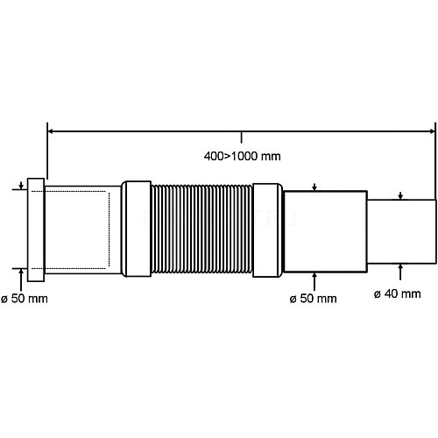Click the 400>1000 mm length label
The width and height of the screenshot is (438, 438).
pos(242,156)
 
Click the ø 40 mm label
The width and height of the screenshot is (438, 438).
pos(398,293)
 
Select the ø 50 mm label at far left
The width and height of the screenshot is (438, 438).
pos(25,299)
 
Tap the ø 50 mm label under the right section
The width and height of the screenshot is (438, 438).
pos(313,299)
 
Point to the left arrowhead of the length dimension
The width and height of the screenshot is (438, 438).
pos(50,131)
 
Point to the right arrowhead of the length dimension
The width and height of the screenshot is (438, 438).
pos(432,131)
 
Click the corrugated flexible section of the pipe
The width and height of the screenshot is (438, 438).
pos(201,229)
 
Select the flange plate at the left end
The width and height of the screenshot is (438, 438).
pos(36,230)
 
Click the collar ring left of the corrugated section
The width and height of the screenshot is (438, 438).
pos(136,229)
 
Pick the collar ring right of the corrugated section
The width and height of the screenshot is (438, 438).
pos(267,230)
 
